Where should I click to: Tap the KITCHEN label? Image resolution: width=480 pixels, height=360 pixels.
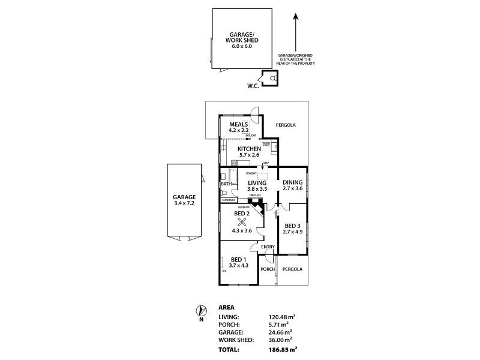coord(249,149)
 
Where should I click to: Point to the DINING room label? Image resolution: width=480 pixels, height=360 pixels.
coord(293,182)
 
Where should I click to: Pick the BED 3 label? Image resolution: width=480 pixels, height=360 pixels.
coord(293,226)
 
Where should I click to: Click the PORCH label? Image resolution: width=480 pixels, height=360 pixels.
coord(268,269)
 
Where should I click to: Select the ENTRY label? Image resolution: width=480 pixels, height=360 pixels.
coord(268,247)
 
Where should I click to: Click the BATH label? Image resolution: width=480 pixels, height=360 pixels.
coord(226,184)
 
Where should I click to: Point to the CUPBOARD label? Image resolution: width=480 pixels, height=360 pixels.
coord(228,200)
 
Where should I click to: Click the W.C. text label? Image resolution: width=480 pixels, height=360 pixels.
coord(253,86)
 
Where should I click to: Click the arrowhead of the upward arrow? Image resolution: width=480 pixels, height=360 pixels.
coord(295,16)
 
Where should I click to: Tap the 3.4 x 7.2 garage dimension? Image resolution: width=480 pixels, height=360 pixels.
coord(185,202)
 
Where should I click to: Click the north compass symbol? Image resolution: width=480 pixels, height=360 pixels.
coord(200,311)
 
